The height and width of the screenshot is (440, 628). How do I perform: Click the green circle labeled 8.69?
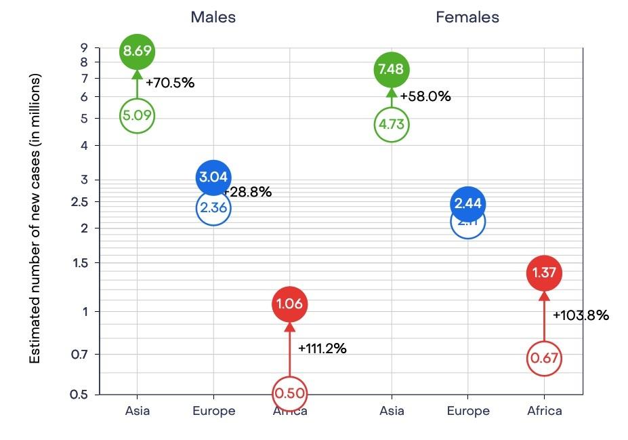point(138,51)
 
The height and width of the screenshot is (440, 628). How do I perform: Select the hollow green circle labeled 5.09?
point(138,115)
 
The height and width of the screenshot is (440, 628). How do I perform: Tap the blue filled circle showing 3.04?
point(213,178)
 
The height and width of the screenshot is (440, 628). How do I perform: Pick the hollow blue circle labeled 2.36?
point(213,207)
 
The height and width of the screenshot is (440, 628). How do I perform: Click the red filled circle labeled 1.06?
point(290,304)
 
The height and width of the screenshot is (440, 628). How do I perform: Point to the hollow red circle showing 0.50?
point(290,393)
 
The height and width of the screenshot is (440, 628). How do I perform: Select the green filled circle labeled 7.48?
point(392,69)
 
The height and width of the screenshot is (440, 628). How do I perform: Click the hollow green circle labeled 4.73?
point(392,125)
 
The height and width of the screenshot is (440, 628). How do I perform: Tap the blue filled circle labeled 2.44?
point(467,203)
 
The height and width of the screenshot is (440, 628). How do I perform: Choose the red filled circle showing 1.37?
point(544,273)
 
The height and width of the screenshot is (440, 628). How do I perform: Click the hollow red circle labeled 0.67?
point(544,357)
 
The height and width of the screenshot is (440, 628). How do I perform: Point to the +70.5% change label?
point(171,83)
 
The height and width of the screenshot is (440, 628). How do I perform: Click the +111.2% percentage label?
point(322,348)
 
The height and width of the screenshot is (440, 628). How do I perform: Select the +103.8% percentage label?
point(581,315)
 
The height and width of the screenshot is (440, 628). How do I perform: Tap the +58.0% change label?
point(425,96)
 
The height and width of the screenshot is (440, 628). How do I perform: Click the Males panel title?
point(213,18)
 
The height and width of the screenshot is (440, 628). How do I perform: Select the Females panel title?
point(467,18)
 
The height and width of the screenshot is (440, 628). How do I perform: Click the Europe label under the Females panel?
point(468,411)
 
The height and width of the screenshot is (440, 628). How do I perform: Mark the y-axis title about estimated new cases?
point(35,218)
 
